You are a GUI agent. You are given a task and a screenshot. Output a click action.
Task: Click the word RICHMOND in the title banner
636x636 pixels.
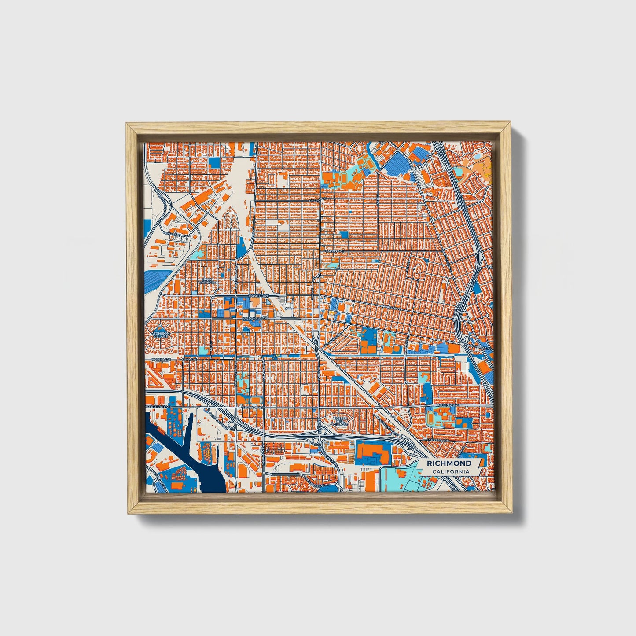(449, 463)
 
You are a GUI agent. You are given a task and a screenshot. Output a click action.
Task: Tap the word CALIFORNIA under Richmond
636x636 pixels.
(450, 472)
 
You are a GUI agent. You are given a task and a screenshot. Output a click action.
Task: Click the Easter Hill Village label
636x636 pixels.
(340, 421)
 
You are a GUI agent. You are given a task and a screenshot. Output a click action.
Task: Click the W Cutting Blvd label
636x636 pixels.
(158, 408)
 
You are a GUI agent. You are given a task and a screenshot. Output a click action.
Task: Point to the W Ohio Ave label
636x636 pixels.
(160, 360)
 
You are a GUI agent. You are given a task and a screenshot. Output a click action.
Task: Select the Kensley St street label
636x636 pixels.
(172, 234)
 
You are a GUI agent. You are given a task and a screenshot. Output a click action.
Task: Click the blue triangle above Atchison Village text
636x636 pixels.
(160, 328)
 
